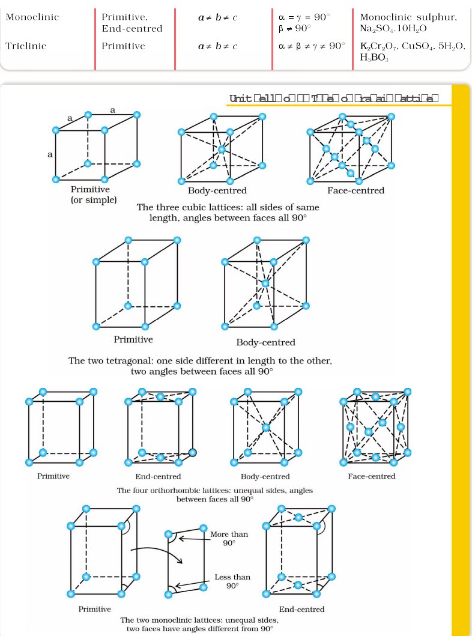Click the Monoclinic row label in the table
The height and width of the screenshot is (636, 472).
pyautogui.click(x=32, y=17)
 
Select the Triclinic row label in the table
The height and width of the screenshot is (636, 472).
pyautogui.click(x=26, y=46)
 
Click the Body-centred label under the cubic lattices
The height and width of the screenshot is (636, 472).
pyautogui.click(x=217, y=191)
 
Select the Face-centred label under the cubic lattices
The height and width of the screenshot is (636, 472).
pyautogui.click(x=356, y=191)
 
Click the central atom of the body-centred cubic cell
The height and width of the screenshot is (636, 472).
pyautogui.click(x=222, y=149)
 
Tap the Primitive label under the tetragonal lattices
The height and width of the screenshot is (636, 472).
pyautogui.click(x=133, y=339)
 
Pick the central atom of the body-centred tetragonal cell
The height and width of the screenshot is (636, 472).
pyautogui.click(x=265, y=283)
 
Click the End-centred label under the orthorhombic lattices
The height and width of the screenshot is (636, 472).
pyautogui.click(x=159, y=476)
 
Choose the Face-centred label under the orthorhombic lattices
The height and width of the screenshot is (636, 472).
pyautogui.click(x=372, y=476)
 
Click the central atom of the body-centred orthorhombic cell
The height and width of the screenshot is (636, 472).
pyautogui.click(x=265, y=428)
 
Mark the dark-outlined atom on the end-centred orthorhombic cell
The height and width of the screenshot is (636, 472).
pyautogui.click(x=193, y=452)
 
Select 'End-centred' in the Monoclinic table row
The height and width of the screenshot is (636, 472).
pyautogui.click(x=132, y=28)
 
